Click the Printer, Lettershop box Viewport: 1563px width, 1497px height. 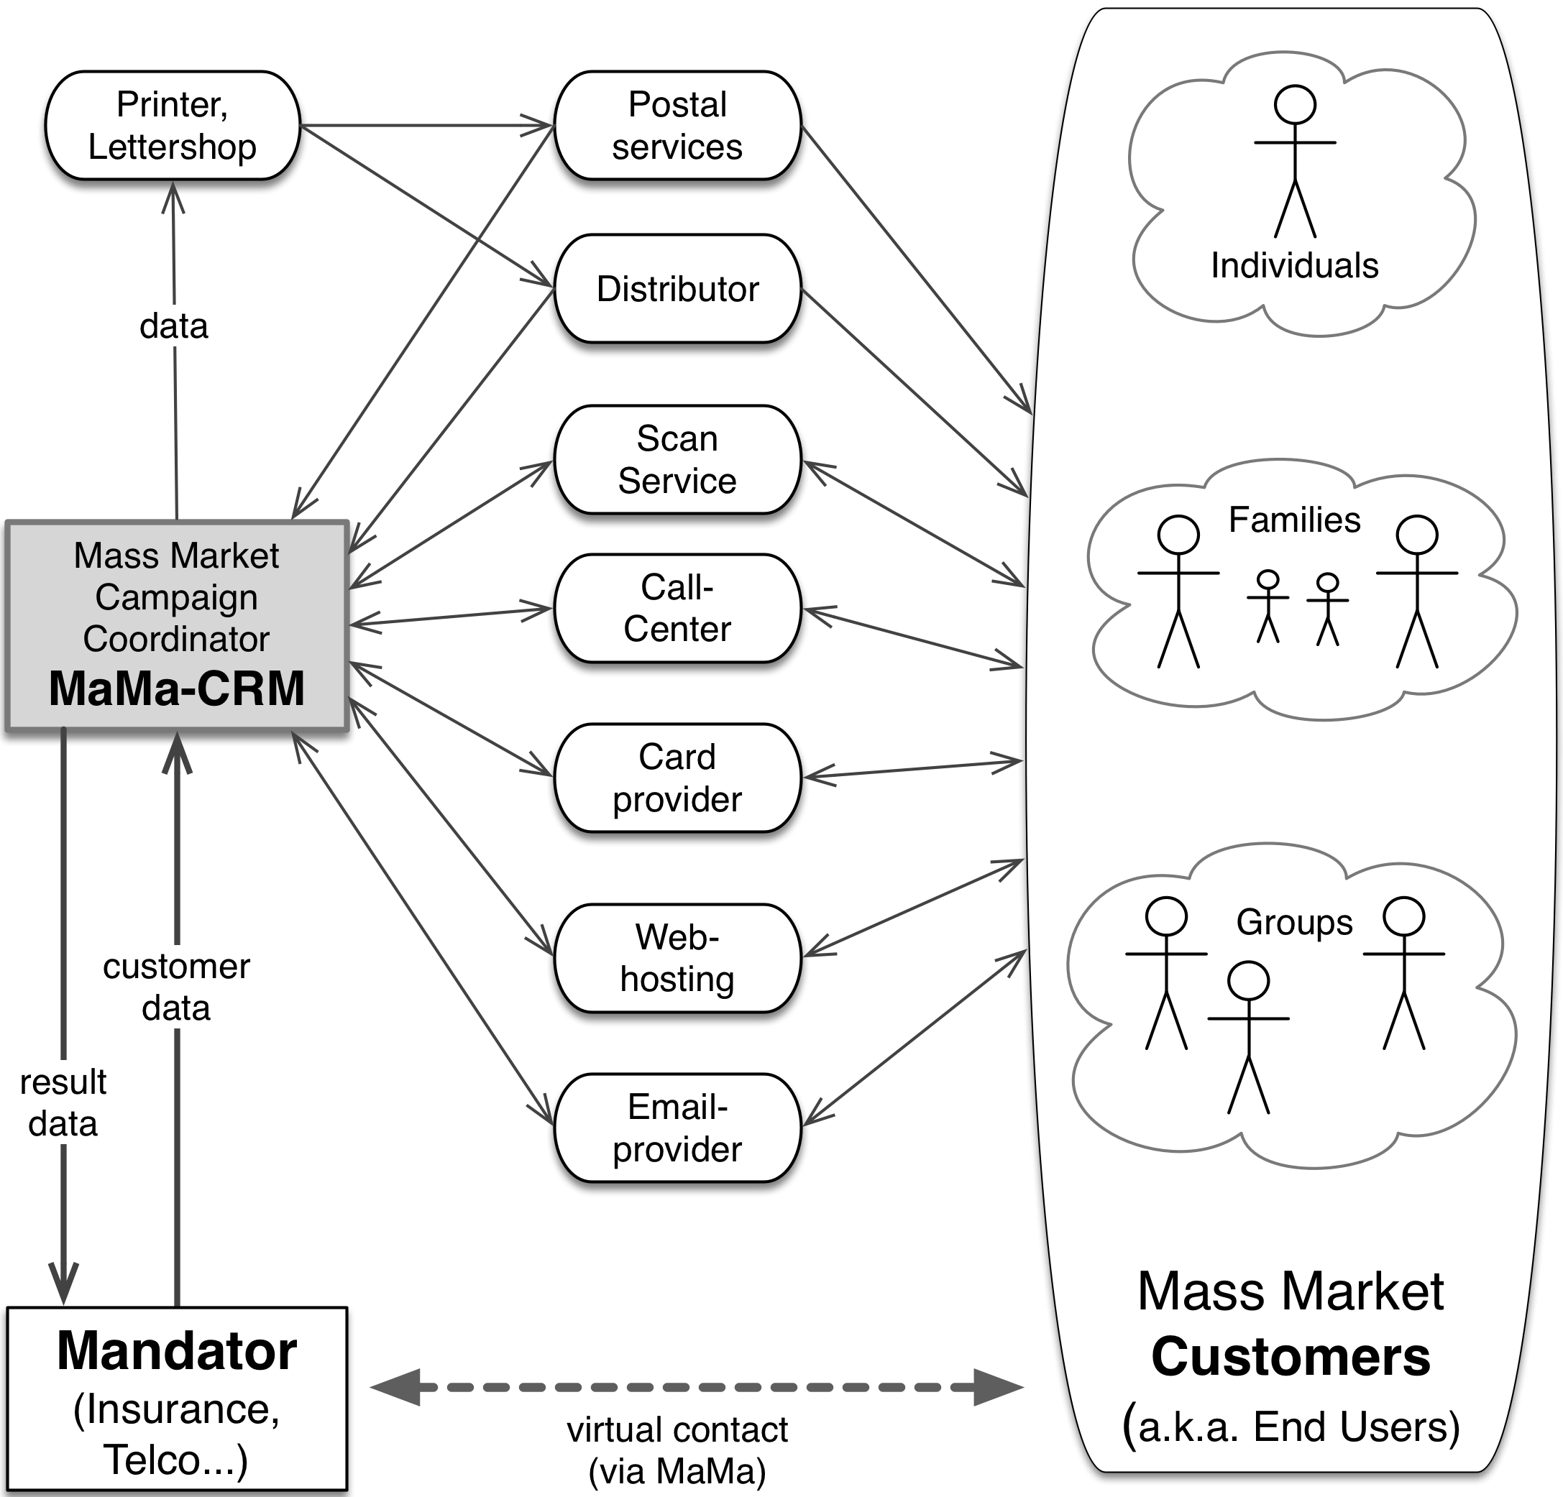click(x=173, y=126)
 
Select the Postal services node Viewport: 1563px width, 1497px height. click(x=677, y=126)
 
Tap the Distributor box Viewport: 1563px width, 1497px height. click(x=677, y=289)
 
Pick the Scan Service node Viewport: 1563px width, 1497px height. click(x=677, y=460)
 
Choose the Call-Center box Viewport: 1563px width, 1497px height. click(x=677, y=608)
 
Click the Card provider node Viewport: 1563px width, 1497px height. click(x=677, y=778)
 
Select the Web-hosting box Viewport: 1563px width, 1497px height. click(x=677, y=958)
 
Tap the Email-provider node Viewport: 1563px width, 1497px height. click(x=677, y=1128)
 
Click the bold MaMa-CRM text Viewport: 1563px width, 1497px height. click(x=176, y=688)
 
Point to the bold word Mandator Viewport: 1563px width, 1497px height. click(x=176, y=1352)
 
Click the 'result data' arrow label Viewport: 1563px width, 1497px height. click(x=63, y=1103)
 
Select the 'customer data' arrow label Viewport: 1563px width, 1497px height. click(x=176, y=987)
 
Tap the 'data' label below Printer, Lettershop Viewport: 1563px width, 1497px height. click(x=174, y=326)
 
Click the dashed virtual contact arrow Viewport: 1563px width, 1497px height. click(x=696, y=1388)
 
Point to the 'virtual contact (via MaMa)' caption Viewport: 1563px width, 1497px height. click(x=677, y=1451)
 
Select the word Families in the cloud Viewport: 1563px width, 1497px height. click(x=1293, y=520)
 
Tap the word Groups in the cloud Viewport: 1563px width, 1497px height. click(x=1293, y=923)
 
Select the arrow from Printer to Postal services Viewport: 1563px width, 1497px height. click(x=426, y=125)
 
